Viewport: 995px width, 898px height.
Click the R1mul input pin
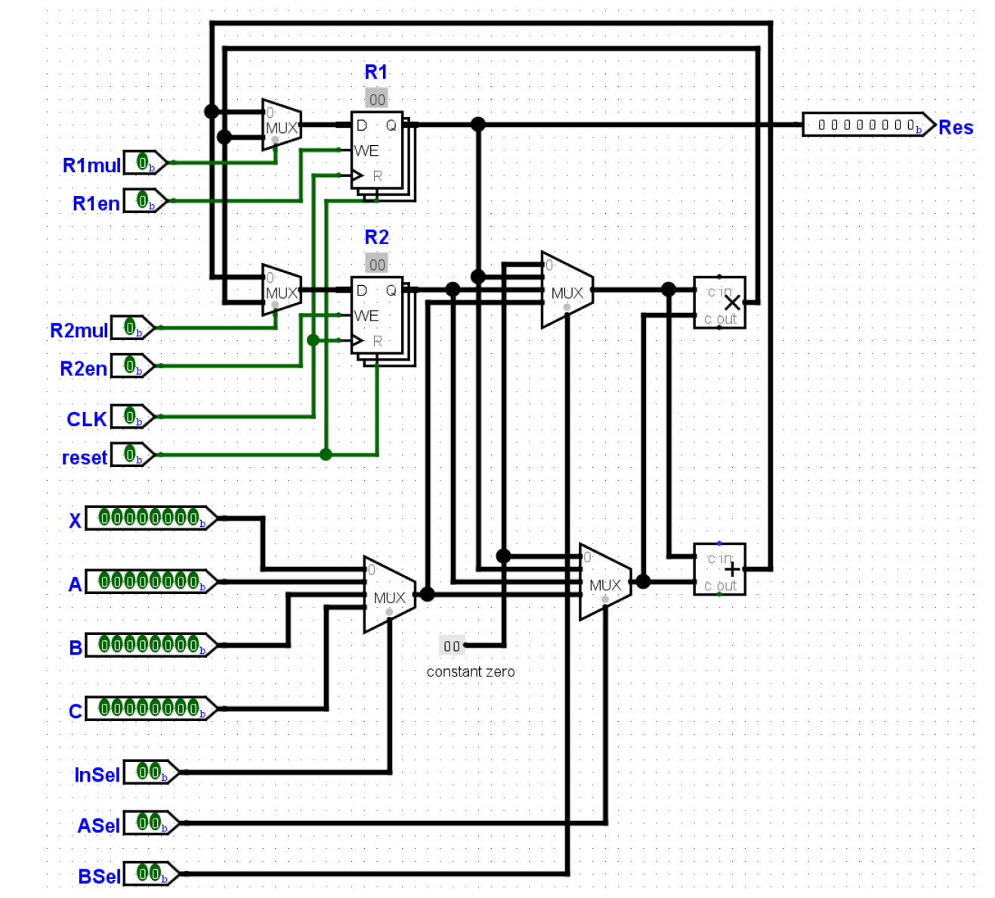(x=144, y=163)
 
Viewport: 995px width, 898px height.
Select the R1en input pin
(x=144, y=201)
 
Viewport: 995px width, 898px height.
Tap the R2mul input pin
(x=132, y=328)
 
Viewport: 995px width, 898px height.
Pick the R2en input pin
(x=132, y=366)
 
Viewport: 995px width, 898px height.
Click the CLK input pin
(x=132, y=416)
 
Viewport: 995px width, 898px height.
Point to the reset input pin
(x=132, y=455)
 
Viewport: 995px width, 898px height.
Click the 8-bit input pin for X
(x=150, y=519)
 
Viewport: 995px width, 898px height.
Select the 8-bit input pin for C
(x=150, y=709)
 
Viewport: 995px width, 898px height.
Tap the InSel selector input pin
(x=150, y=773)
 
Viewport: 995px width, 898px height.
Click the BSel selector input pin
(x=150, y=874)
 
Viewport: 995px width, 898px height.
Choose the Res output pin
(x=867, y=125)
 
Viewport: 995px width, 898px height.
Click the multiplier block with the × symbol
(x=720, y=302)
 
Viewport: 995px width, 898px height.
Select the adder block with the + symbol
(x=720, y=569)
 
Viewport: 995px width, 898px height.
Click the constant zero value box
(x=451, y=646)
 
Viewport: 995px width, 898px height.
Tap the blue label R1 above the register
(x=376, y=73)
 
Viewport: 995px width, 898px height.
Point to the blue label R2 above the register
(x=376, y=237)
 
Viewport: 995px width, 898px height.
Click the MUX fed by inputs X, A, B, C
(x=389, y=595)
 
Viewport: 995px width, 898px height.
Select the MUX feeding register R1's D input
(x=281, y=125)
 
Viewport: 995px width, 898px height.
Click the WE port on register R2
(x=366, y=316)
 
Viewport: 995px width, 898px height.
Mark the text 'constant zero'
(x=471, y=672)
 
